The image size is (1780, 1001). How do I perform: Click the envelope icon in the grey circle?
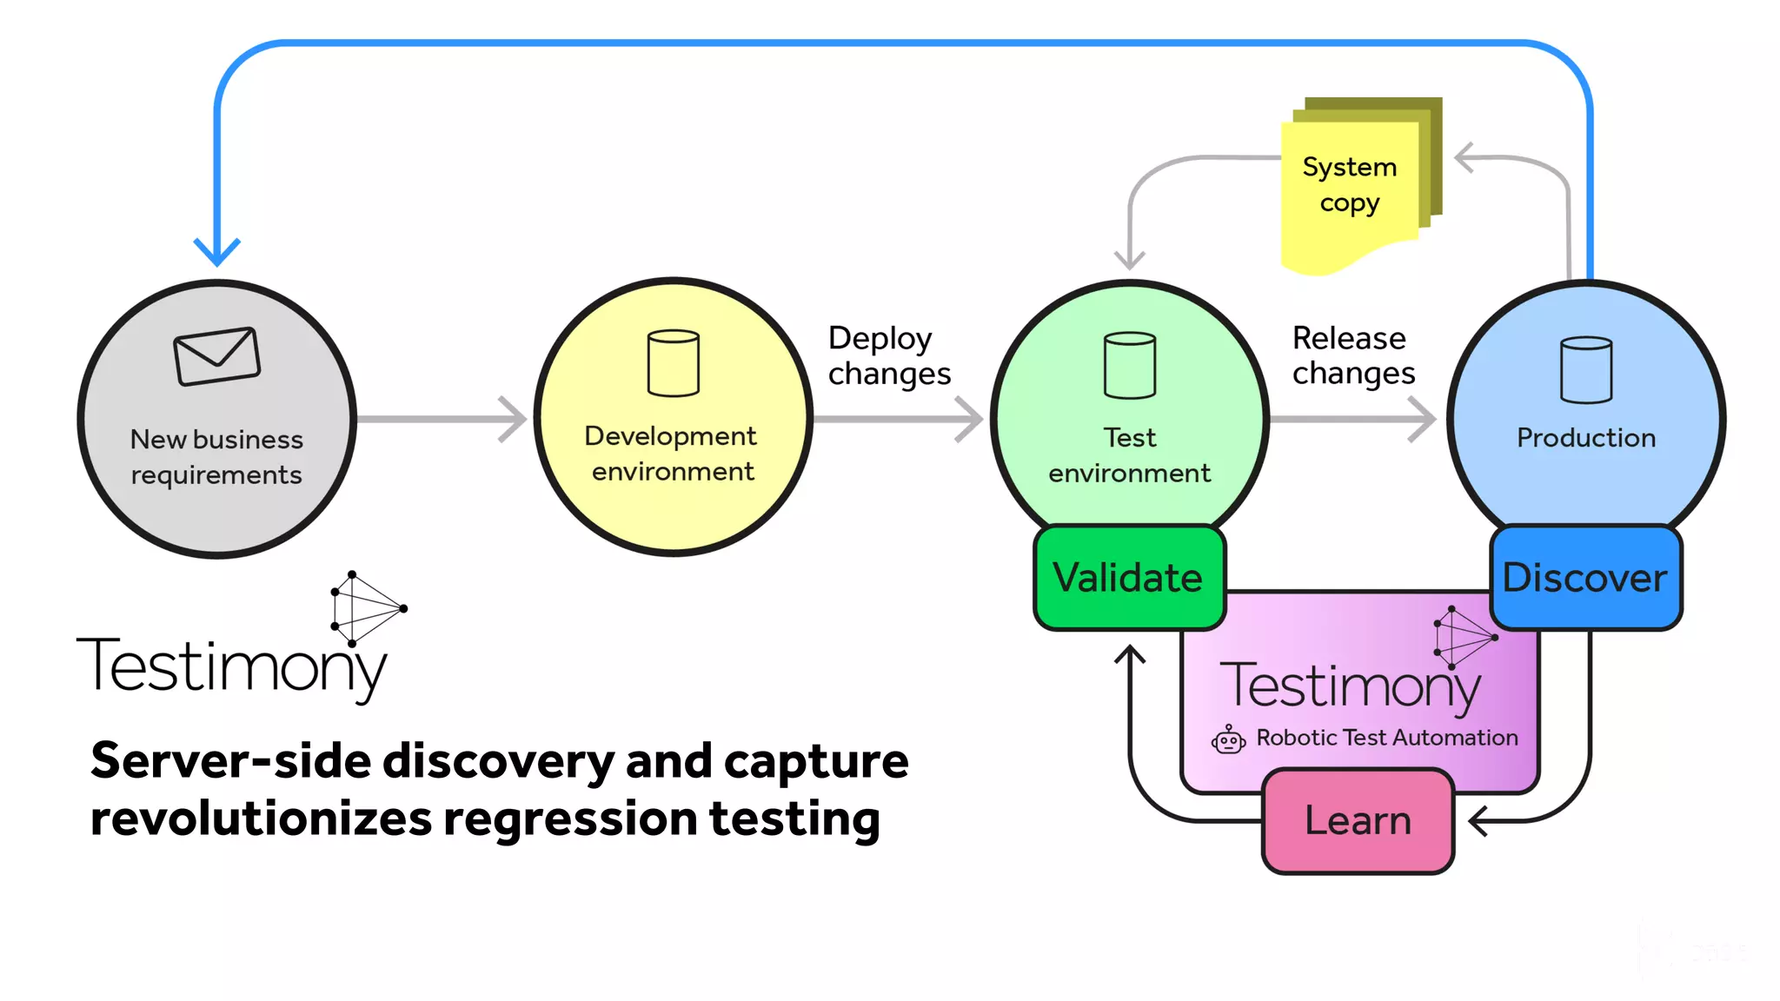point(216,356)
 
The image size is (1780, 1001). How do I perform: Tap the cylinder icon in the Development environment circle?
point(674,363)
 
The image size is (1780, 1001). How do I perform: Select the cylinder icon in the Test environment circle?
point(1129,365)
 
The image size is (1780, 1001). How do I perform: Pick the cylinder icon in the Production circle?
point(1586,370)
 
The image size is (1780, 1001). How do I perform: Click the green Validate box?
point(1129,578)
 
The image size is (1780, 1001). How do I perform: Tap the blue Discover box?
point(1585,578)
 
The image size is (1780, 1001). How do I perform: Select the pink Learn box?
point(1358,821)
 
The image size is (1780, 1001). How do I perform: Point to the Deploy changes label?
point(888,355)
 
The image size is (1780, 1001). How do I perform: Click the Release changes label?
point(1352,355)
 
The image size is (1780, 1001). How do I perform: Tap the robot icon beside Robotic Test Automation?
point(1228,739)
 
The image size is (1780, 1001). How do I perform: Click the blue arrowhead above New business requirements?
point(216,253)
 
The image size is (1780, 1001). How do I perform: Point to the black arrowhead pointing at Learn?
point(1478,820)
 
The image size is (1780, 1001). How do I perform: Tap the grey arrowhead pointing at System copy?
point(1465,158)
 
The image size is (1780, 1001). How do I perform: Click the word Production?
point(1586,438)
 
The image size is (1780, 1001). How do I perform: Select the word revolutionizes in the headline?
point(261,819)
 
